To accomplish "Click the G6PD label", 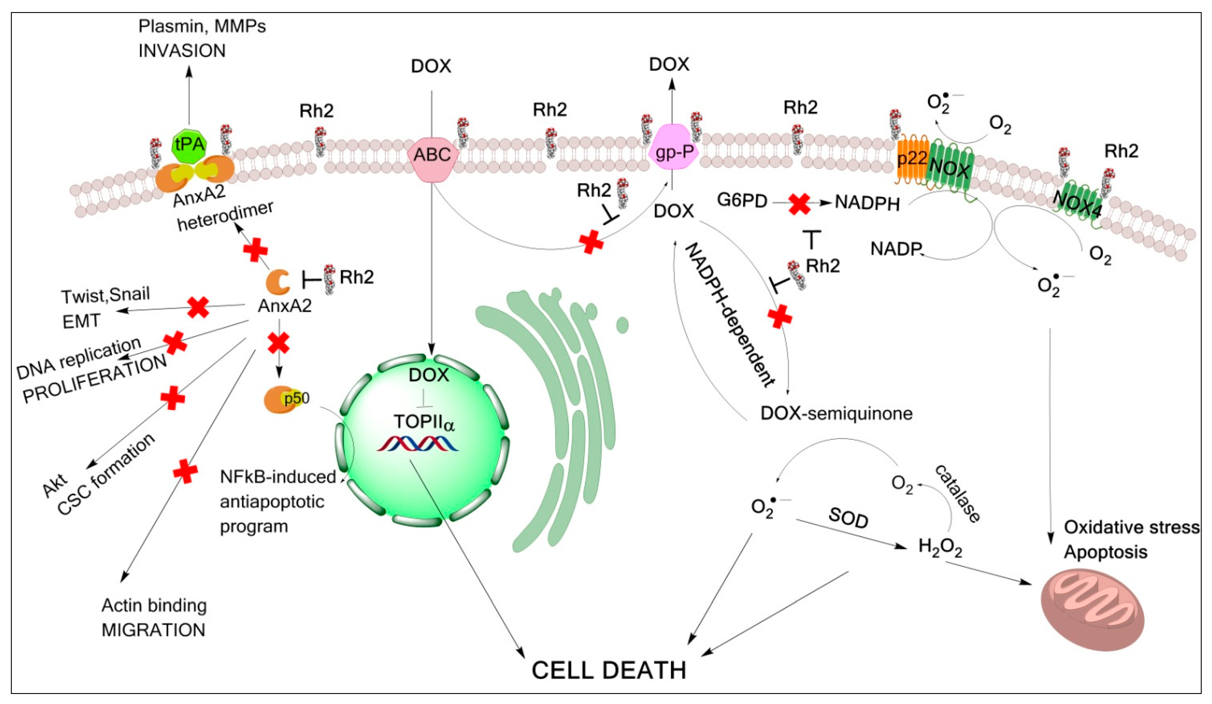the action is coord(742,201).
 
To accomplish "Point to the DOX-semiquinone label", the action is coord(836,413).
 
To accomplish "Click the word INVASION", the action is coord(182,50).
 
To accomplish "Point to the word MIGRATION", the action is coord(154,629).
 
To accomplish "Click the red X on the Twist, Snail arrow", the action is coord(198,307).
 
